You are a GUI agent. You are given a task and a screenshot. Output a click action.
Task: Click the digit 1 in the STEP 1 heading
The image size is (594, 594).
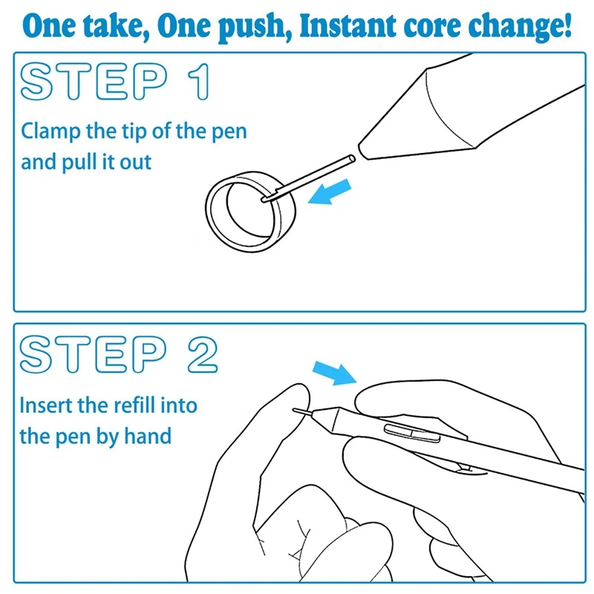199,82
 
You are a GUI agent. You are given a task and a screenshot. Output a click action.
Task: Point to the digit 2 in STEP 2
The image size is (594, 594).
203,355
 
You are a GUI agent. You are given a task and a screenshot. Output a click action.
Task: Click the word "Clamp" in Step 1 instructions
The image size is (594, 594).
50,132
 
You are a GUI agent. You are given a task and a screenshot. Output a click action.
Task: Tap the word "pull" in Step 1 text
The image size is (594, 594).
79,162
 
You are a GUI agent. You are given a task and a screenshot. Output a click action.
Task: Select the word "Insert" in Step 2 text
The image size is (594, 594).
46,405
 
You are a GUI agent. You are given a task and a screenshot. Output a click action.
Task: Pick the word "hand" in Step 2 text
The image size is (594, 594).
148,436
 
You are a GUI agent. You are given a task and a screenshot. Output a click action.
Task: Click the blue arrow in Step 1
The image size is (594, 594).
330,192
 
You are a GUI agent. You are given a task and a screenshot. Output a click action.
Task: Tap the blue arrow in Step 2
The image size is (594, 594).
335,373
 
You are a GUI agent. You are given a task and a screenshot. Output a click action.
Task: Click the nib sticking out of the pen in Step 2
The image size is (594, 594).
303,411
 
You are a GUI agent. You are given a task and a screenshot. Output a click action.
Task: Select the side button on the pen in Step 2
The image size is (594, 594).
412,433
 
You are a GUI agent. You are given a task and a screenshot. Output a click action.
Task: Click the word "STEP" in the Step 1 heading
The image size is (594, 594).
94,82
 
